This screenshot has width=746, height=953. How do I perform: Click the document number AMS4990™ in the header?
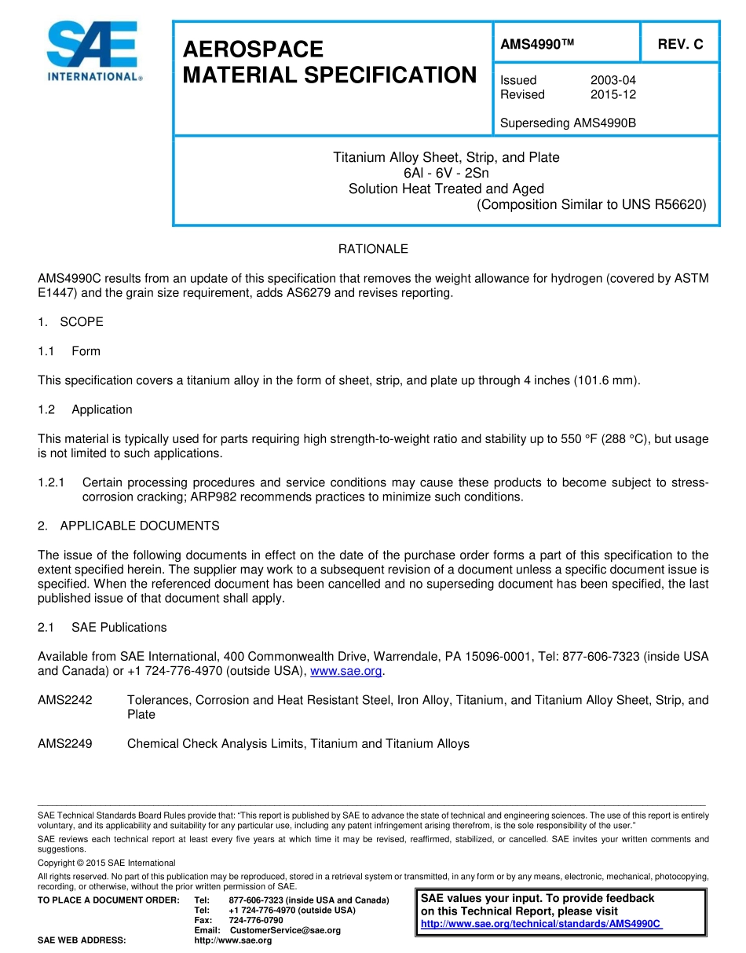(x=537, y=45)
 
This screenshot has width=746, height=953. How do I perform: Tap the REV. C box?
(x=680, y=45)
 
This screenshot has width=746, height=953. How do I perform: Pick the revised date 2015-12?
(x=613, y=94)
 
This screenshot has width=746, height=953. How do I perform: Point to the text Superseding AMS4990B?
(x=568, y=123)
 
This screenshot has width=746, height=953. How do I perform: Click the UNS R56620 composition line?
(x=591, y=205)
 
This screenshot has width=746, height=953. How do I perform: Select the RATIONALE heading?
(x=373, y=249)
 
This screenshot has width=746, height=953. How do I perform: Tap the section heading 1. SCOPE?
(x=71, y=322)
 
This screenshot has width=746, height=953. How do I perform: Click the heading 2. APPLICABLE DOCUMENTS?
(x=129, y=526)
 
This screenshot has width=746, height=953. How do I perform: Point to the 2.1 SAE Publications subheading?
(x=102, y=627)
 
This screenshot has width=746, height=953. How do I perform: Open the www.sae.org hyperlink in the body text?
(x=346, y=671)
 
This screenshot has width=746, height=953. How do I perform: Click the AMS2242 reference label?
(x=65, y=700)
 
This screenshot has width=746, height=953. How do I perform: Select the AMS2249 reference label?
(x=65, y=743)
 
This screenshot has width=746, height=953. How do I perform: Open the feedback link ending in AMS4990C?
(x=542, y=924)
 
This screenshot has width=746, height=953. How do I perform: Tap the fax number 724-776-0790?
(x=256, y=920)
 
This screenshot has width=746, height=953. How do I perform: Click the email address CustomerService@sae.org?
(x=285, y=930)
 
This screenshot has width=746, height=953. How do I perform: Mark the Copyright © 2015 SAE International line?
(x=107, y=863)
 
